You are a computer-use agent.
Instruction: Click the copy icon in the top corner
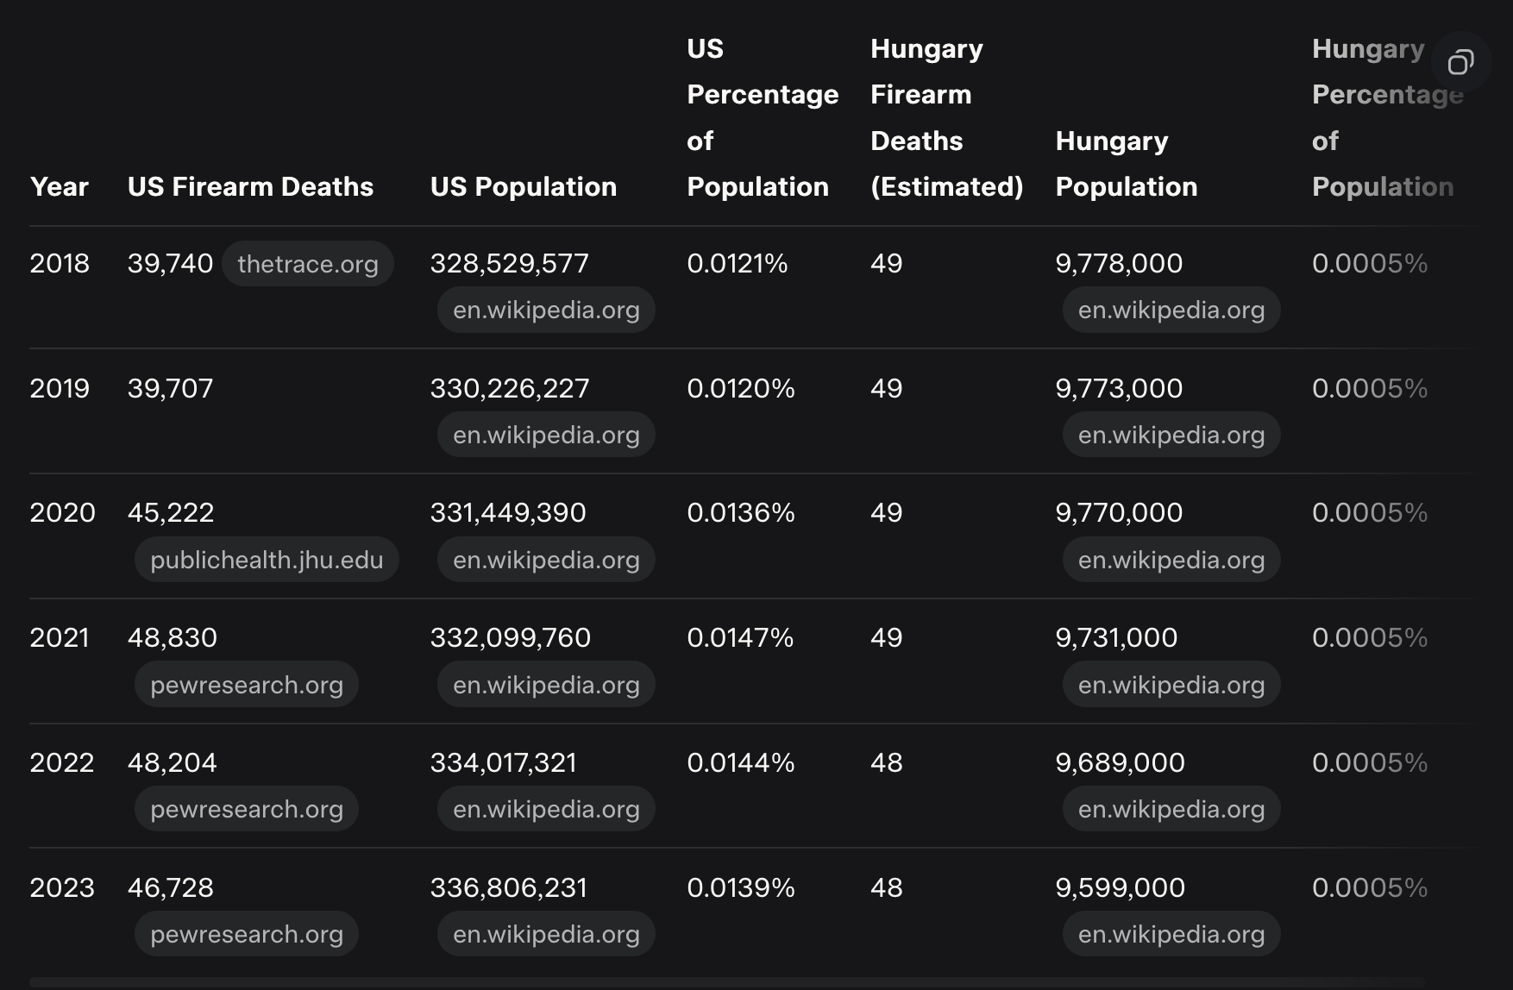pos(1460,62)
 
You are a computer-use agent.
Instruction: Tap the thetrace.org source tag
pos(307,264)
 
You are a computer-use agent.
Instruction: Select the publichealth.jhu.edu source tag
pos(266,561)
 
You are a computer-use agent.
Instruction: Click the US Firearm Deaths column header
pos(250,187)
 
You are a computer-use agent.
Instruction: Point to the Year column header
pos(59,187)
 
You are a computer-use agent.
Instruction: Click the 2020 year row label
pos(62,513)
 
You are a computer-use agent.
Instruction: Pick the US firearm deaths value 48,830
pos(173,638)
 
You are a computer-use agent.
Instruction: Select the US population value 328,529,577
pos(509,264)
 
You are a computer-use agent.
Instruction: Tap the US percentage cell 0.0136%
pos(740,513)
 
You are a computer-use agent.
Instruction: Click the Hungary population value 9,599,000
pos(1120,888)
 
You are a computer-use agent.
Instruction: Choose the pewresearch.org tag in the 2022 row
pos(247,810)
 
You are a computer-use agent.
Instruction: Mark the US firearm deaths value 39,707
pos(170,389)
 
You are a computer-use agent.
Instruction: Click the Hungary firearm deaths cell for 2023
pos(886,888)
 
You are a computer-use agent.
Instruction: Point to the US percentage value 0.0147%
pos(739,638)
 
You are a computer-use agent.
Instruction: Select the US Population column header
pos(523,187)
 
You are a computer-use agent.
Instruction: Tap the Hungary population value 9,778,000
pos(1119,264)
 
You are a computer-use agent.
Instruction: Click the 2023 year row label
pos(62,888)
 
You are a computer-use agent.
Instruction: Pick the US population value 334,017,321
pos(503,763)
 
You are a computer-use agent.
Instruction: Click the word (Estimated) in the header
pos(946,187)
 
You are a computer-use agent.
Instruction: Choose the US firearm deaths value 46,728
pos(170,888)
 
